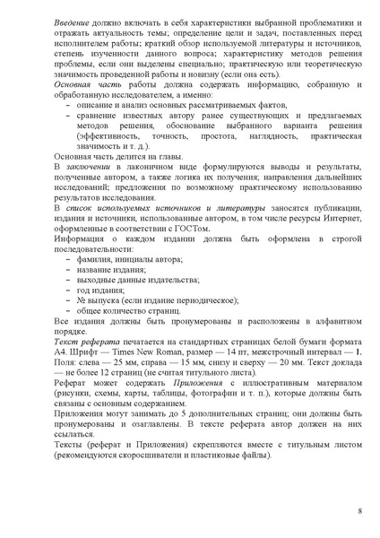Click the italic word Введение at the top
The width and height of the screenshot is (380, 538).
click(x=72, y=19)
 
